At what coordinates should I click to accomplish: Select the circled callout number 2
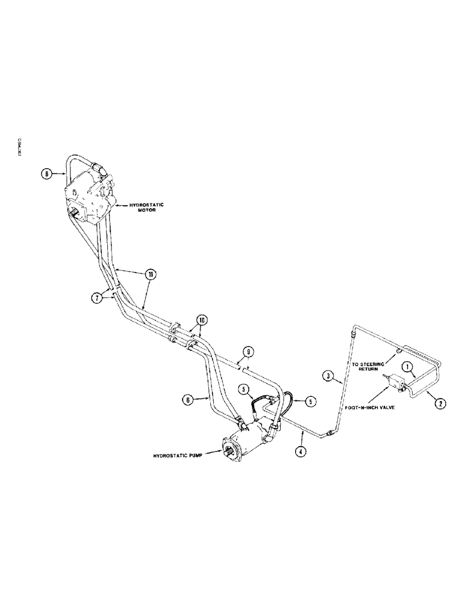click(x=440, y=404)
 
